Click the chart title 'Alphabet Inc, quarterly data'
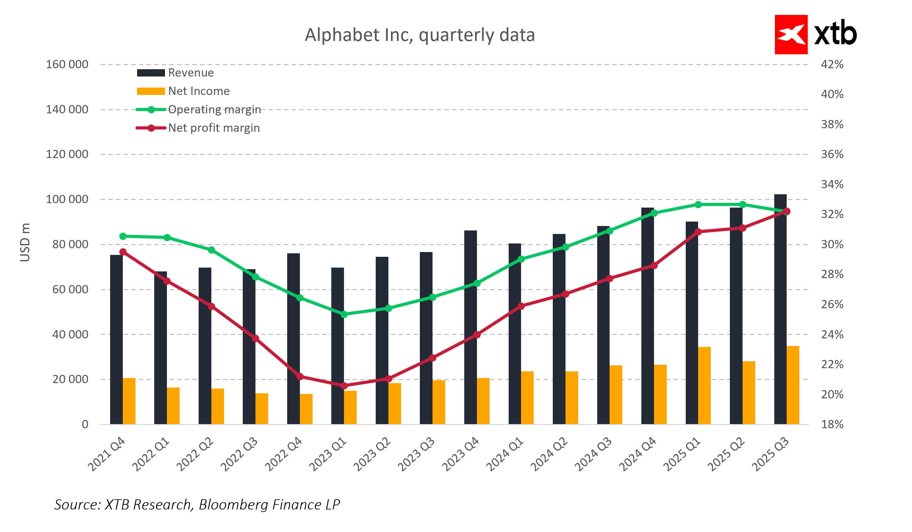pyautogui.click(x=420, y=35)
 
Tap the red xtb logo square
pyautogui.click(x=791, y=34)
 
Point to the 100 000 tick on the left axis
pyautogui.click(x=67, y=199)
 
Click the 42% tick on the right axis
pyautogui.click(x=832, y=64)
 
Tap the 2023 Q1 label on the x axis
pyautogui.click(x=327, y=454)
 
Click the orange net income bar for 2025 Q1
pyautogui.click(x=704, y=385)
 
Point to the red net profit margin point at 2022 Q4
pyautogui.click(x=300, y=377)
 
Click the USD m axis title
pyautogui.click(x=25, y=242)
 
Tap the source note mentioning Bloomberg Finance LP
pyautogui.click(x=197, y=504)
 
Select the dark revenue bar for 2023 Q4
pyautogui.click(x=471, y=328)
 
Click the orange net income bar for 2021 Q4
pyautogui.click(x=129, y=401)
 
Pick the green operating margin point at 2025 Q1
pyautogui.click(x=698, y=205)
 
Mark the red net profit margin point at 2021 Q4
pyautogui.click(x=123, y=252)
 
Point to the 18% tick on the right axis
pyautogui.click(x=832, y=424)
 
